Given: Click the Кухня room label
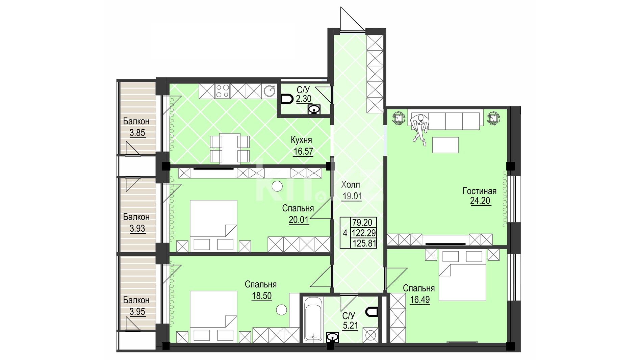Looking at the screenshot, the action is click(x=301, y=140).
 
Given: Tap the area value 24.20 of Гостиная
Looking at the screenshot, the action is click(x=480, y=201).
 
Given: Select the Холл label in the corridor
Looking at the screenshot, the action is click(x=351, y=184).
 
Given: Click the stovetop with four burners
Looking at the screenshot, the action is click(x=223, y=91).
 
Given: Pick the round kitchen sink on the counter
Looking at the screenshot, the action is click(x=270, y=91).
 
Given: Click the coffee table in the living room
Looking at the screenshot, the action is click(x=445, y=145).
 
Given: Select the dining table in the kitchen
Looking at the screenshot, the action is click(x=230, y=149).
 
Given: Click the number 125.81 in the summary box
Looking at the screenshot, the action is click(x=364, y=243).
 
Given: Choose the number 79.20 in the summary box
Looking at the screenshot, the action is click(x=362, y=223).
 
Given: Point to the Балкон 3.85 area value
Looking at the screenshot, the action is click(x=137, y=133).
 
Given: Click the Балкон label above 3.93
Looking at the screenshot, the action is click(x=136, y=217).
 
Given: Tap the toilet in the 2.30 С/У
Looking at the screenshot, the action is click(x=287, y=99).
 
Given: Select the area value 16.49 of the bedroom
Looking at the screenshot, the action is click(x=420, y=300).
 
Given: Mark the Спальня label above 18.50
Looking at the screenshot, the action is click(x=261, y=284).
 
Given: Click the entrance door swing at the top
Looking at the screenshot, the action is click(x=352, y=19).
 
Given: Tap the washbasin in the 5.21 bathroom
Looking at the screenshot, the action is click(x=332, y=337).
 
